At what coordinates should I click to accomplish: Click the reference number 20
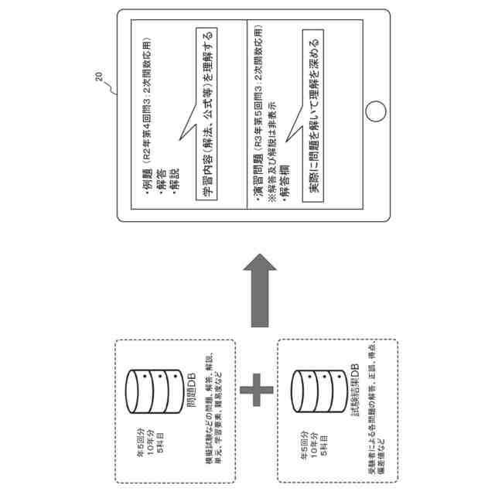click(x=97, y=77)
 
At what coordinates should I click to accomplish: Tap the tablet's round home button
click(x=375, y=110)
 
